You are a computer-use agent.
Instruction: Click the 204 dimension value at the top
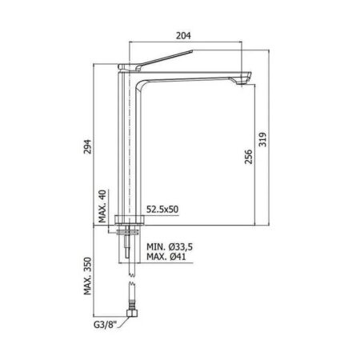pos(183,35)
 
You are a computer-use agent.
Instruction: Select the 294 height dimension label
pos(88,146)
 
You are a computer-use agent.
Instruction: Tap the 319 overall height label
pos(262,139)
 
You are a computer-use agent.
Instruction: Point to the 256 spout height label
pos(249,157)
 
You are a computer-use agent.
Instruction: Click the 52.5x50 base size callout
pos(162,210)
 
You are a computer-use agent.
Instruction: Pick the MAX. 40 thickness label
pos(102,206)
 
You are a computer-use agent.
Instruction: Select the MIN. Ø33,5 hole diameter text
pos(170,247)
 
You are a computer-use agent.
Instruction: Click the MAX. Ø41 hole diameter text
pos(166,257)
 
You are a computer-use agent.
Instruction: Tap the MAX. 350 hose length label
pos(88,276)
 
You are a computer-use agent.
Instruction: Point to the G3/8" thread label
pos(105,325)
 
